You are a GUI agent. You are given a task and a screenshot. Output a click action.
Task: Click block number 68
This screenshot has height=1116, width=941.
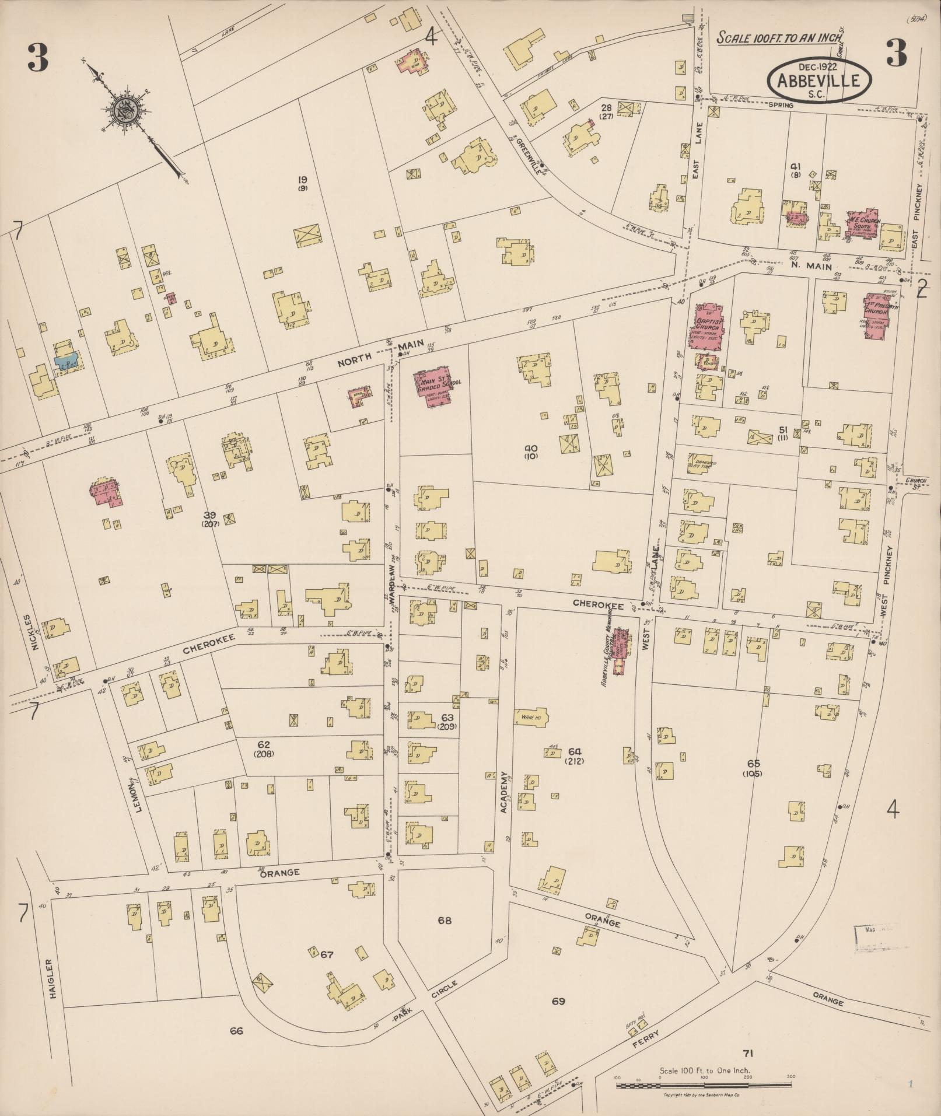click(x=445, y=921)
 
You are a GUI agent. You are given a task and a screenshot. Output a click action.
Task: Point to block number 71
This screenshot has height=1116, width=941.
click(x=748, y=1052)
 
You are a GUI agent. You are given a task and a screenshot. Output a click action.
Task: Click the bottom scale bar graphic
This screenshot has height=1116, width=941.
click(x=704, y=1084)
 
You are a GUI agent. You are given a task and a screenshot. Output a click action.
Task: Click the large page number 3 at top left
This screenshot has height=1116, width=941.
click(x=37, y=58)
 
